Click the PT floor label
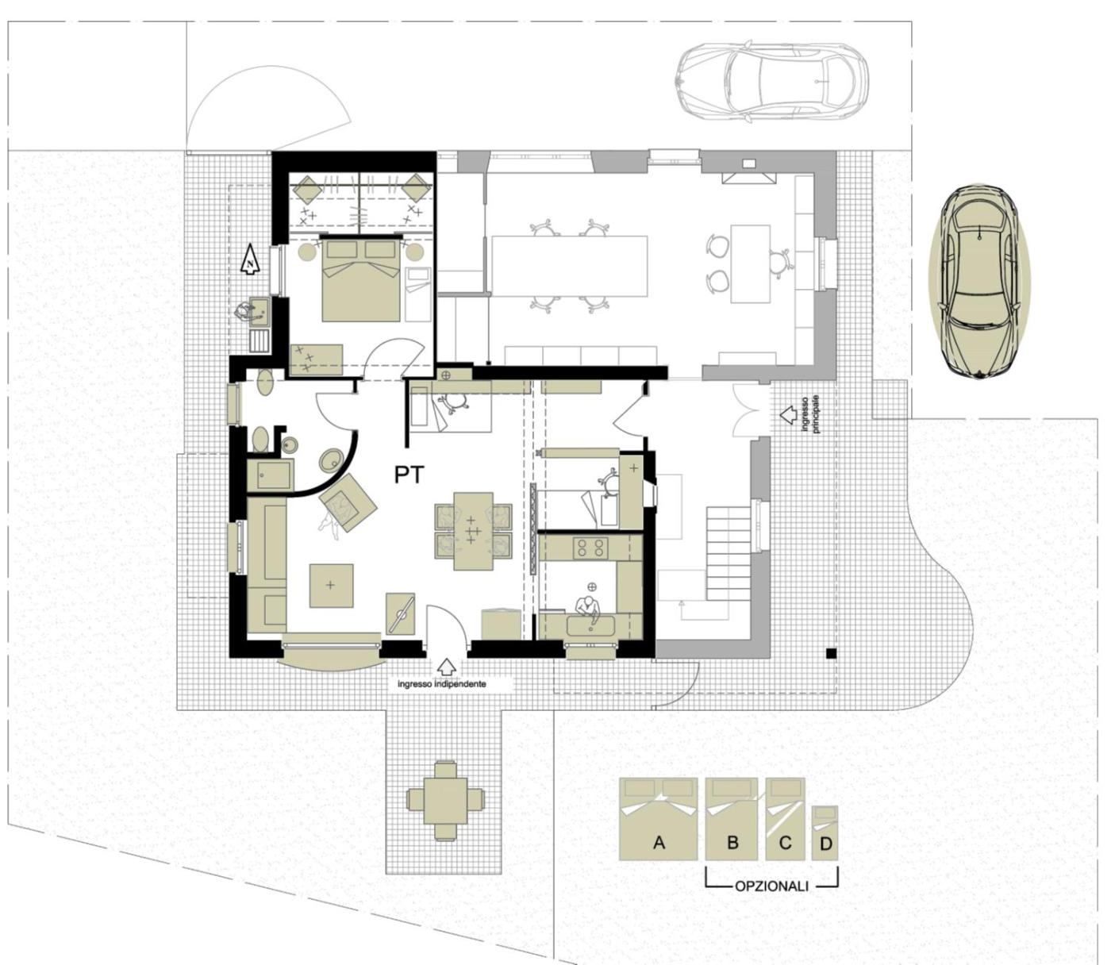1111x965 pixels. (x=409, y=475)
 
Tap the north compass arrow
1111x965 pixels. (x=250, y=260)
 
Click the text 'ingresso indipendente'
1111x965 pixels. (x=441, y=684)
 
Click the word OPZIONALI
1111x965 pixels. (x=771, y=886)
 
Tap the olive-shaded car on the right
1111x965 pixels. (x=980, y=281)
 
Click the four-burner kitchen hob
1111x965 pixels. (x=590, y=547)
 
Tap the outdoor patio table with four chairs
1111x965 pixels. (x=444, y=801)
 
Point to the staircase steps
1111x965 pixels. (x=730, y=552)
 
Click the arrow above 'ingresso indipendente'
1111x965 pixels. (x=446, y=667)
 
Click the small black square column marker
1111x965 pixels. (x=831, y=653)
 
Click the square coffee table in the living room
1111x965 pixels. (x=331, y=586)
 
